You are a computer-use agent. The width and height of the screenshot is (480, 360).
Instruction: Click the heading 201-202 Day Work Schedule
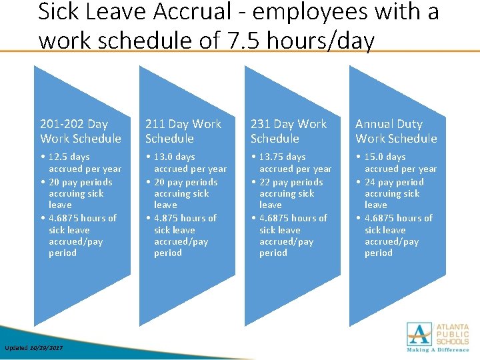coord(81,131)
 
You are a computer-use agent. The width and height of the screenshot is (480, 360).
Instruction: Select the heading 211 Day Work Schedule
coord(183,131)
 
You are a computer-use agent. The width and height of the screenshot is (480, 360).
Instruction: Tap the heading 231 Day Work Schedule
coord(289,131)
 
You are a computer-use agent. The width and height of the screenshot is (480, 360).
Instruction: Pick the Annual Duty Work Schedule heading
coord(396,131)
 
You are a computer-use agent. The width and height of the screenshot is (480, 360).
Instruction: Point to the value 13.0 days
coord(175,157)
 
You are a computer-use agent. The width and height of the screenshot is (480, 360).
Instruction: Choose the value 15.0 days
coord(385,157)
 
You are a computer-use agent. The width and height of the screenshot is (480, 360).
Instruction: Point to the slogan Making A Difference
coord(439,349)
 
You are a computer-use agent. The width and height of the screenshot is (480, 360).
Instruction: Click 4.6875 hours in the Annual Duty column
coord(399,218)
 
